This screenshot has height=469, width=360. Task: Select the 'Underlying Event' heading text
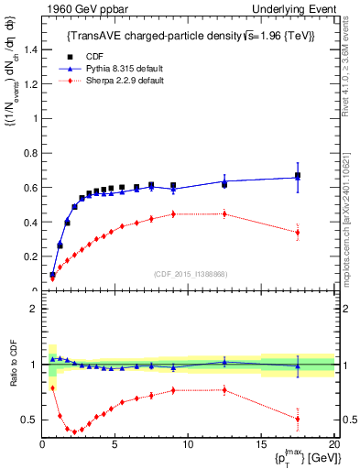pyautogui.click(x=298, y=9)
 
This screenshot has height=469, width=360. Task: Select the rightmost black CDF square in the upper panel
pyautogui.click(x=298, y=176)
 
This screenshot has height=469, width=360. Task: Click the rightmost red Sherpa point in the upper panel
pyautogui.click(x=298, y=233)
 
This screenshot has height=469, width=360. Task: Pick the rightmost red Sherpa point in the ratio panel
pyautogui.click(x=298, y=419)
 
